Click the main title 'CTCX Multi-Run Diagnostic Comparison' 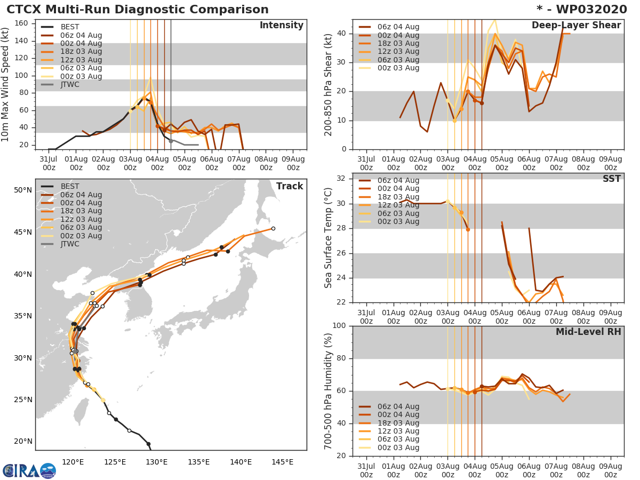click(138, 10)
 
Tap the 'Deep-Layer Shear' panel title click(576, 26)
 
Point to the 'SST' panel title click(611, 179)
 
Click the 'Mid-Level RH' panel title click(588, 332)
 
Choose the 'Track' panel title click(290, 186)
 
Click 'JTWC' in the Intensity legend click(70, 85)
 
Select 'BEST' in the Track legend click(70, 186)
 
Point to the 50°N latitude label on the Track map click(23, 190)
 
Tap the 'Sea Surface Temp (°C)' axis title click(329, 238)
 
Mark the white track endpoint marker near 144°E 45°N click(273, 228)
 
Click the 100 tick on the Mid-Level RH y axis click(339, 326)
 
